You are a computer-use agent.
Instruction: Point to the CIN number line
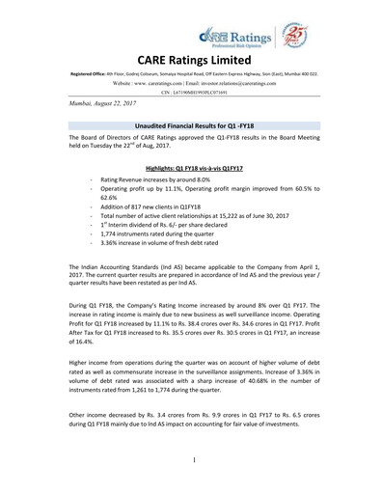191,94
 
